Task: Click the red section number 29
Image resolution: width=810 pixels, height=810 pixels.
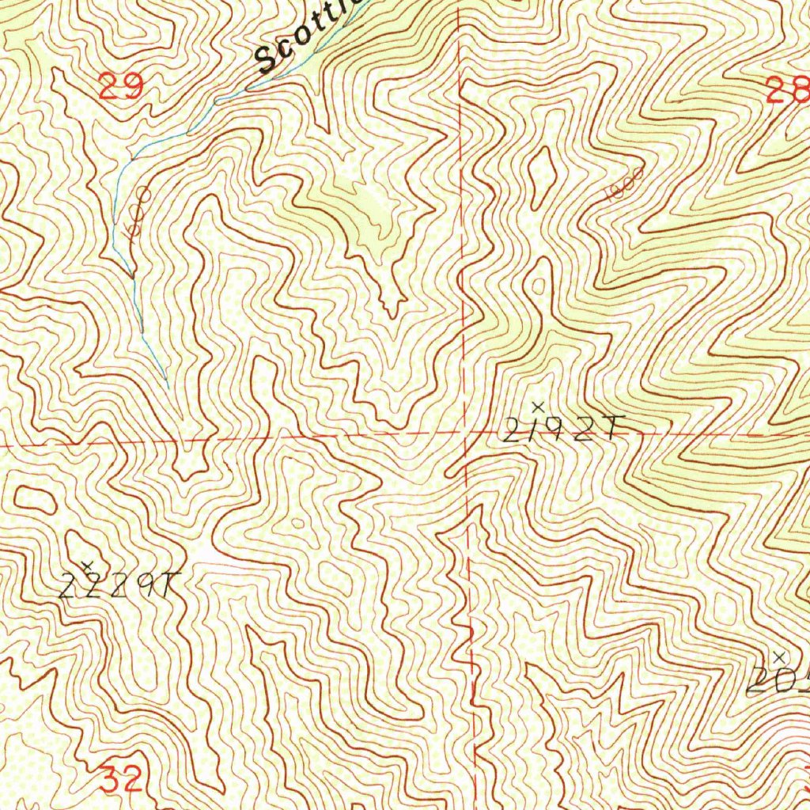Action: (x=121, y=85)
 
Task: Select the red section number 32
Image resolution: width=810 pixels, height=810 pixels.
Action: (x=122, y=780)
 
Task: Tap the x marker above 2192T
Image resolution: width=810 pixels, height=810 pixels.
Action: (x=538, y=407)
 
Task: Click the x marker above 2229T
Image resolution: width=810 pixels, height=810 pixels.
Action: (x=88, y=564)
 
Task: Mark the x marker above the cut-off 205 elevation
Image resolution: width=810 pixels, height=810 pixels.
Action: (x=779, y=657)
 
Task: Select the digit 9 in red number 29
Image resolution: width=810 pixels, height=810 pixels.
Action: (x=134, y=85)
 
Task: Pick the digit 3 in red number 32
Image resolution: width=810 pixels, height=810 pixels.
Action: (x=111, y=780)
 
